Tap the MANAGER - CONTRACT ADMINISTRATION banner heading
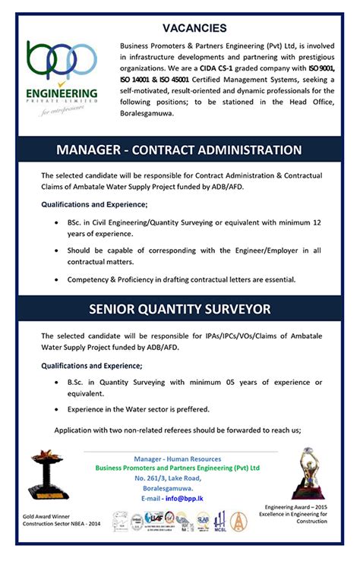pyautogui.click(x=179, y=150)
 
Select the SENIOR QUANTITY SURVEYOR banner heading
pyautogui.click(x=180, y=310)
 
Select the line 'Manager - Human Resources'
pyautogui.click(x=177, y=459)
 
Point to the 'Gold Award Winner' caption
pyautogui.click(x=45, y=515)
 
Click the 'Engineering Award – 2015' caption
pyautogui.click(x=295, y=506)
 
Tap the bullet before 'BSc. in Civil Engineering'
pyautogui.click(x=58, y=223)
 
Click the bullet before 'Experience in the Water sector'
pyautogui.click(x=58, y=409)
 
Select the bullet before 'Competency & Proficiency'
pyautogui.click(x=58, y=279)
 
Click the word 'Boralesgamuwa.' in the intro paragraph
pyautogui.click(x=147, y=114)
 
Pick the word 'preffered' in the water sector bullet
pyautogui.click(x=192, y=409)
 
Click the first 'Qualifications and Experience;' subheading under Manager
pyautogui.click(x=94, y=205)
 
